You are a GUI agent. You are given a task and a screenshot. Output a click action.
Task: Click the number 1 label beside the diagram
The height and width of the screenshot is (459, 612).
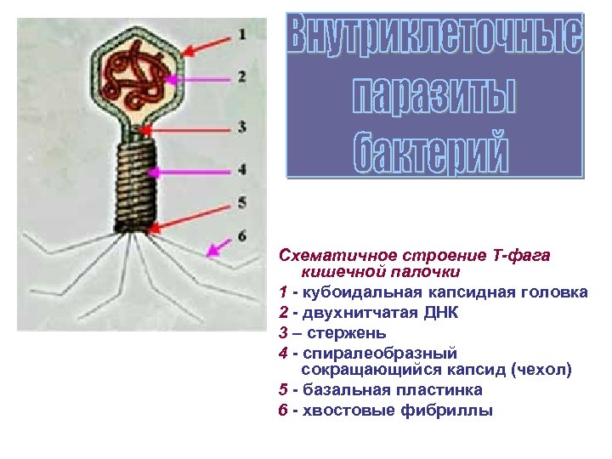click(x=242, y=35)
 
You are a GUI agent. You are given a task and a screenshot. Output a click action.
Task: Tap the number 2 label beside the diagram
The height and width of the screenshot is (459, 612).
click(x=242, y=76)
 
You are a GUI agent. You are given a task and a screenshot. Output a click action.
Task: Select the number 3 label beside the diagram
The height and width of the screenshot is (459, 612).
click(x=242, y=127)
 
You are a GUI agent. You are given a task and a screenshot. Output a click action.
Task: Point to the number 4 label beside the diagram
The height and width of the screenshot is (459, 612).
click(x=242, y=169)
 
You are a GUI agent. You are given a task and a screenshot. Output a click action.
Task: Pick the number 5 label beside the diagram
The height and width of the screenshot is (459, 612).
click(x=242, y=202)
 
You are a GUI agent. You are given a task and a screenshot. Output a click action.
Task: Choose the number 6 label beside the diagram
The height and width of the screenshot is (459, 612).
click(x=242, y=235)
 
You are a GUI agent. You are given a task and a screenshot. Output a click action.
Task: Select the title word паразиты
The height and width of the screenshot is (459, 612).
click(x=434, y=94)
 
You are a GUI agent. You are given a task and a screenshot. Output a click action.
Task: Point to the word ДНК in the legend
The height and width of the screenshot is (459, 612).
click(x=440, y=312)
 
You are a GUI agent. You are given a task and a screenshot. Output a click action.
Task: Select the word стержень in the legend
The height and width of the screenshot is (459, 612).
click(x=346, y=331)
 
